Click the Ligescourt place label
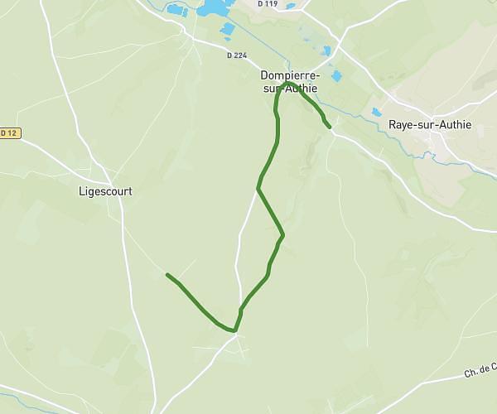(105, 190)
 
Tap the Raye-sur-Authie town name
(429, 126)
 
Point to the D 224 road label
(237, 55)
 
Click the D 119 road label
(267, 4)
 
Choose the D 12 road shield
(8, 132)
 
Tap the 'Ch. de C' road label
(480, 370)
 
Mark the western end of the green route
(167, 275)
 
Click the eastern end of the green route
(330, 127)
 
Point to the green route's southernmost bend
(235, 331)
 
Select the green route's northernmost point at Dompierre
(286, 83)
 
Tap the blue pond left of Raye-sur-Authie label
(377, 111)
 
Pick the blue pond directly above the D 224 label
(227, 31)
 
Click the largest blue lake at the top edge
(214, 7)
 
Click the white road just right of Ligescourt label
(122, 207)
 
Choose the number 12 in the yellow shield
(12, 132)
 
